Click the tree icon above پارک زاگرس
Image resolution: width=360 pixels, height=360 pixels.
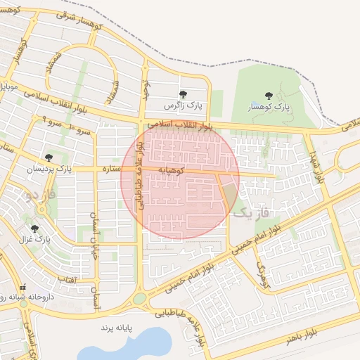click(x=183, y=94)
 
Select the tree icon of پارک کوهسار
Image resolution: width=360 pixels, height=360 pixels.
click(x=268, y=96)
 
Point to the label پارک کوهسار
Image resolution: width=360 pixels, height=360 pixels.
click(x=268, y=108)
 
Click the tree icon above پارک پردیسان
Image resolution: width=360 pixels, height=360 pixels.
click(x=49, y=157)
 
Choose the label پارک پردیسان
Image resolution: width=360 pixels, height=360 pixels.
click(x=50, y=169)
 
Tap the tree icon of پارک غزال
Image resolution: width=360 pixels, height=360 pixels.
click(x=34, y=229)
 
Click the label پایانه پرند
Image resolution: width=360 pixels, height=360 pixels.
click(x=116, y=328)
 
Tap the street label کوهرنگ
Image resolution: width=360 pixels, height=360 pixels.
click(x=263, y=277)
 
